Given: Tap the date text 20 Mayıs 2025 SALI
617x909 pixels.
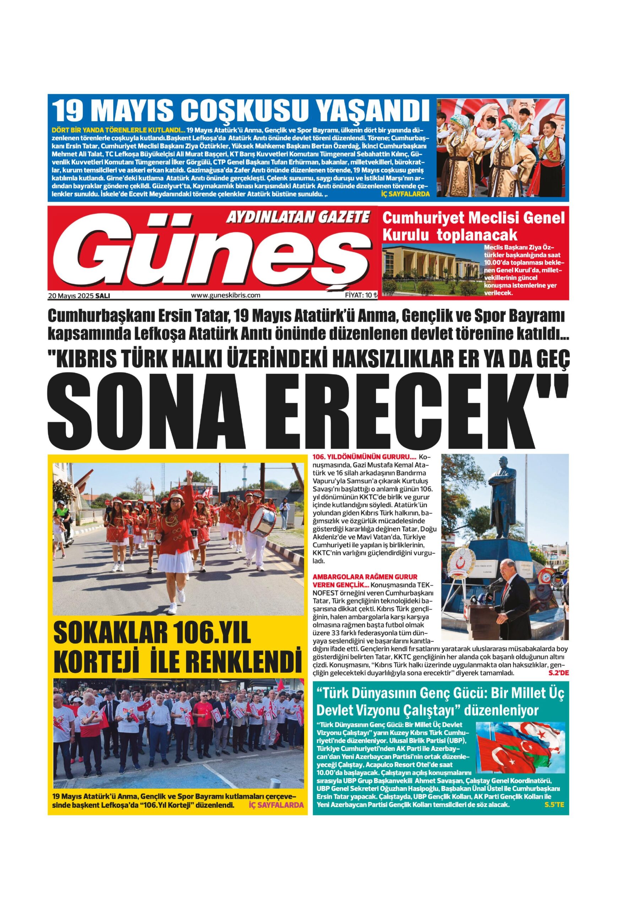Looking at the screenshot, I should point(79,296).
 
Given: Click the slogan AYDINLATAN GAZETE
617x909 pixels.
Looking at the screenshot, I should point(298,216).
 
